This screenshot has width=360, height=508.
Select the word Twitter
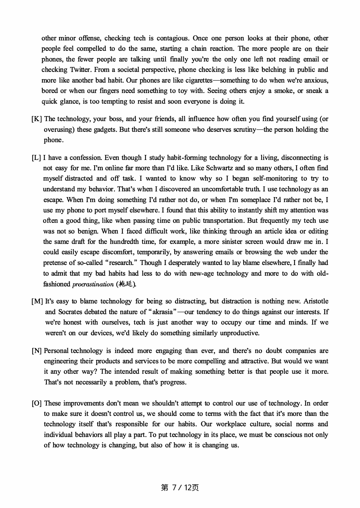point(80,70)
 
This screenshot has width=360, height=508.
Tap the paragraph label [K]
point(37,119)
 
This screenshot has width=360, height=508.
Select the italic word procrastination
point(93,284)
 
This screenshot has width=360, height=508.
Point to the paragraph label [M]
point(37,302)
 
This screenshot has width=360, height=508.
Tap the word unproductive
point(239,333)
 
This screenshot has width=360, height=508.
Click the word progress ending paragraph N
point(173,382)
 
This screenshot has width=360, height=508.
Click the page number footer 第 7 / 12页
point(180,488)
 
